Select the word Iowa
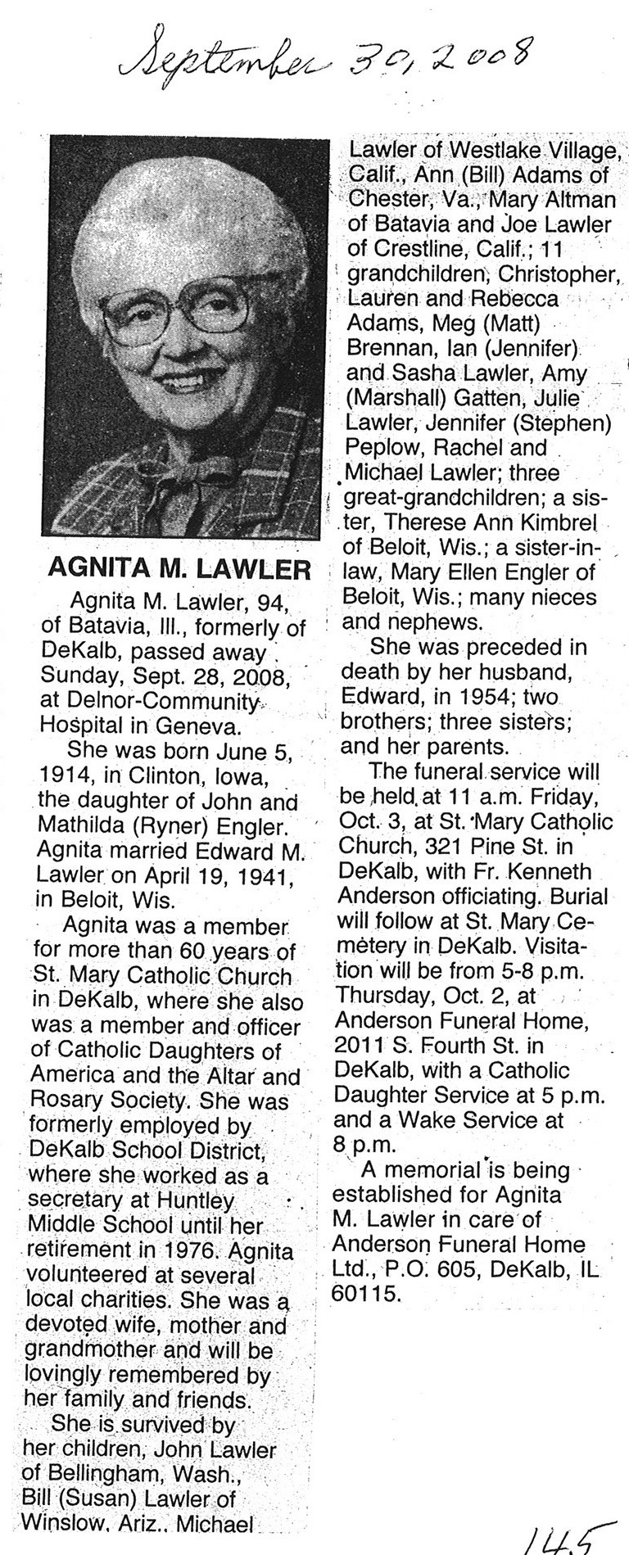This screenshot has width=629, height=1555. pos(239,777)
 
